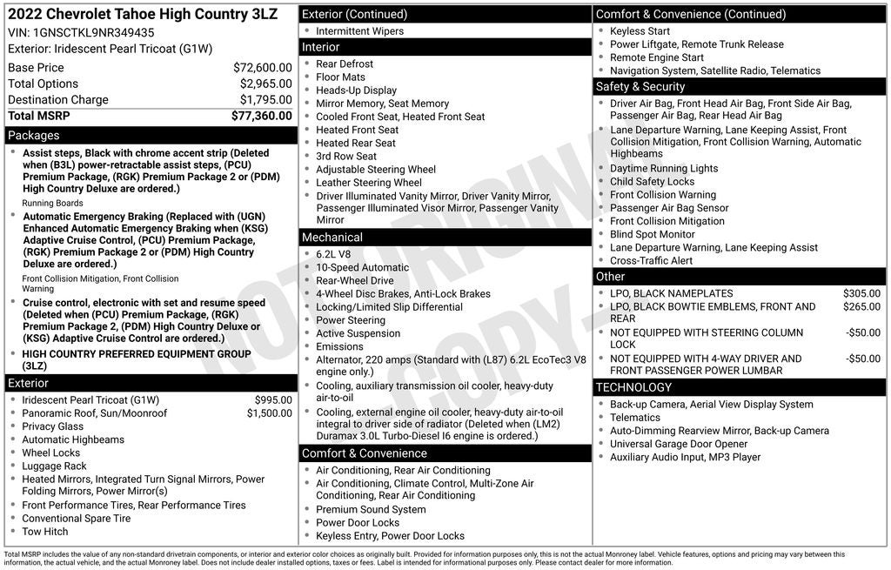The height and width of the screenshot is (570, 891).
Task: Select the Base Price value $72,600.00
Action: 262,67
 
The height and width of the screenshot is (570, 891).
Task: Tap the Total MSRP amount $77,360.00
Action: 261,115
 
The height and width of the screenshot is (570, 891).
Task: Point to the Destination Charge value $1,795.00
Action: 265,99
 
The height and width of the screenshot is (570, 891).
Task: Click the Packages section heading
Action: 34,136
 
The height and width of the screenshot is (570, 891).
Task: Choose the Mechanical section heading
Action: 332,238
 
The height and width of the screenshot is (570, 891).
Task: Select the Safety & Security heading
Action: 640,87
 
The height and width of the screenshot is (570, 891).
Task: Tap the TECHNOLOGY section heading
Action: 633,387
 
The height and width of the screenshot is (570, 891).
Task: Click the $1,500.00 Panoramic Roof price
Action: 269,413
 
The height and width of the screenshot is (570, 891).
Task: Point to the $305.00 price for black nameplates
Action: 861,293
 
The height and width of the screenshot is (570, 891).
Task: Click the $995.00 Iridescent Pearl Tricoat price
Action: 273,400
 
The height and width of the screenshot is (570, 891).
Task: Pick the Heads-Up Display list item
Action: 356,91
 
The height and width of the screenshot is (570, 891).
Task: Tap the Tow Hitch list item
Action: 44,532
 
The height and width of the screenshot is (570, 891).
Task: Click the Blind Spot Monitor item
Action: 653,234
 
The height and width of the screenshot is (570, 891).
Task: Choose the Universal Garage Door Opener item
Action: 679,444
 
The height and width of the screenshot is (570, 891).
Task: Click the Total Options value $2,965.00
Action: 265,84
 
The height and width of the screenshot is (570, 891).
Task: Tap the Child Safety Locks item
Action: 653,182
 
